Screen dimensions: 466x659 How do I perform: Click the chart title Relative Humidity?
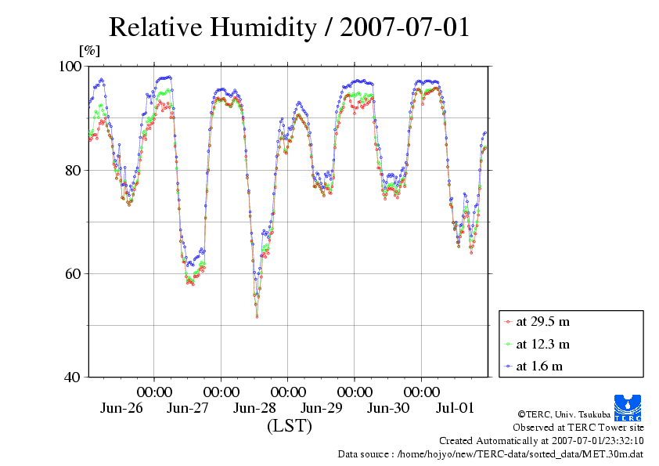289,27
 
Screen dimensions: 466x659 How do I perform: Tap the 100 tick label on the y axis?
71,67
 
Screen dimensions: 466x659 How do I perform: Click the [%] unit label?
90,51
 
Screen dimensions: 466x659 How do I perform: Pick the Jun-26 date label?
121,408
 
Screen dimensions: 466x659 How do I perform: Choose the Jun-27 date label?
188,408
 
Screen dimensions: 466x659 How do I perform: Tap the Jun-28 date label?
255,408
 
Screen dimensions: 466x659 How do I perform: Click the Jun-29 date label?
322,408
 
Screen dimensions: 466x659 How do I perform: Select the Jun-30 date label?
388,408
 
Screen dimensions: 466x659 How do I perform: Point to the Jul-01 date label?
455,408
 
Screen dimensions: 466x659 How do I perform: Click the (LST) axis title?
289,427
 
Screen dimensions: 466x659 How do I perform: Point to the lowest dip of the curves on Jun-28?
257,316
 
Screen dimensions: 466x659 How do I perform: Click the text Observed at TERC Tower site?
578,428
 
